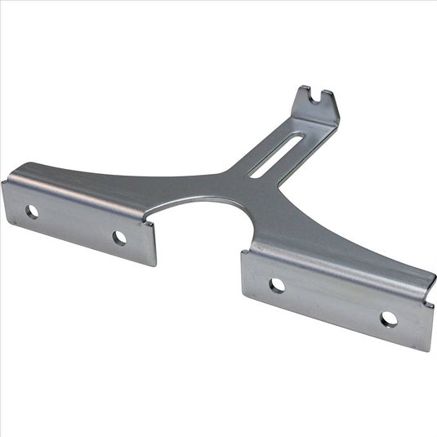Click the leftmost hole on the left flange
32,212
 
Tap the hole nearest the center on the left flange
119,238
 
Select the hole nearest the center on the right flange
277,285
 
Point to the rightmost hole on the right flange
389,319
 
